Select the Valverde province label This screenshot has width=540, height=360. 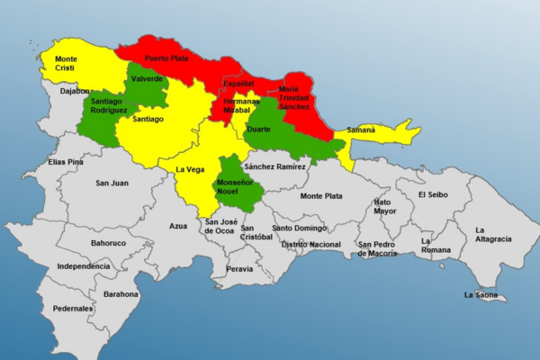pyautogui.click(x=147, y=79)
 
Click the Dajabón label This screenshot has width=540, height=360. pyautogui.click(x=76, y=91)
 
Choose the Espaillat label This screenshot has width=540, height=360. pyautogui.click(x=238, y=84)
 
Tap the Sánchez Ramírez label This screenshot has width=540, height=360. pyautogui.click(x=274, y=166)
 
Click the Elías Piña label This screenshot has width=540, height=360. pyautogui.click(x=67, y=162)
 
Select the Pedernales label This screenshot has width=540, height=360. pyautogui.click(x=74, y=309)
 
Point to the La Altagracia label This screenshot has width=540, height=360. pyautogui.click(x=493, y=234)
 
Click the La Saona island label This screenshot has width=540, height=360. pyautogui.click(x=481, y=294)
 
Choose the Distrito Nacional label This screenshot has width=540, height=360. pyautogui.click(x=311, y=244)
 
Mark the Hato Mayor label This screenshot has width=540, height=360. pyautogui.click(x=383, y=207)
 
